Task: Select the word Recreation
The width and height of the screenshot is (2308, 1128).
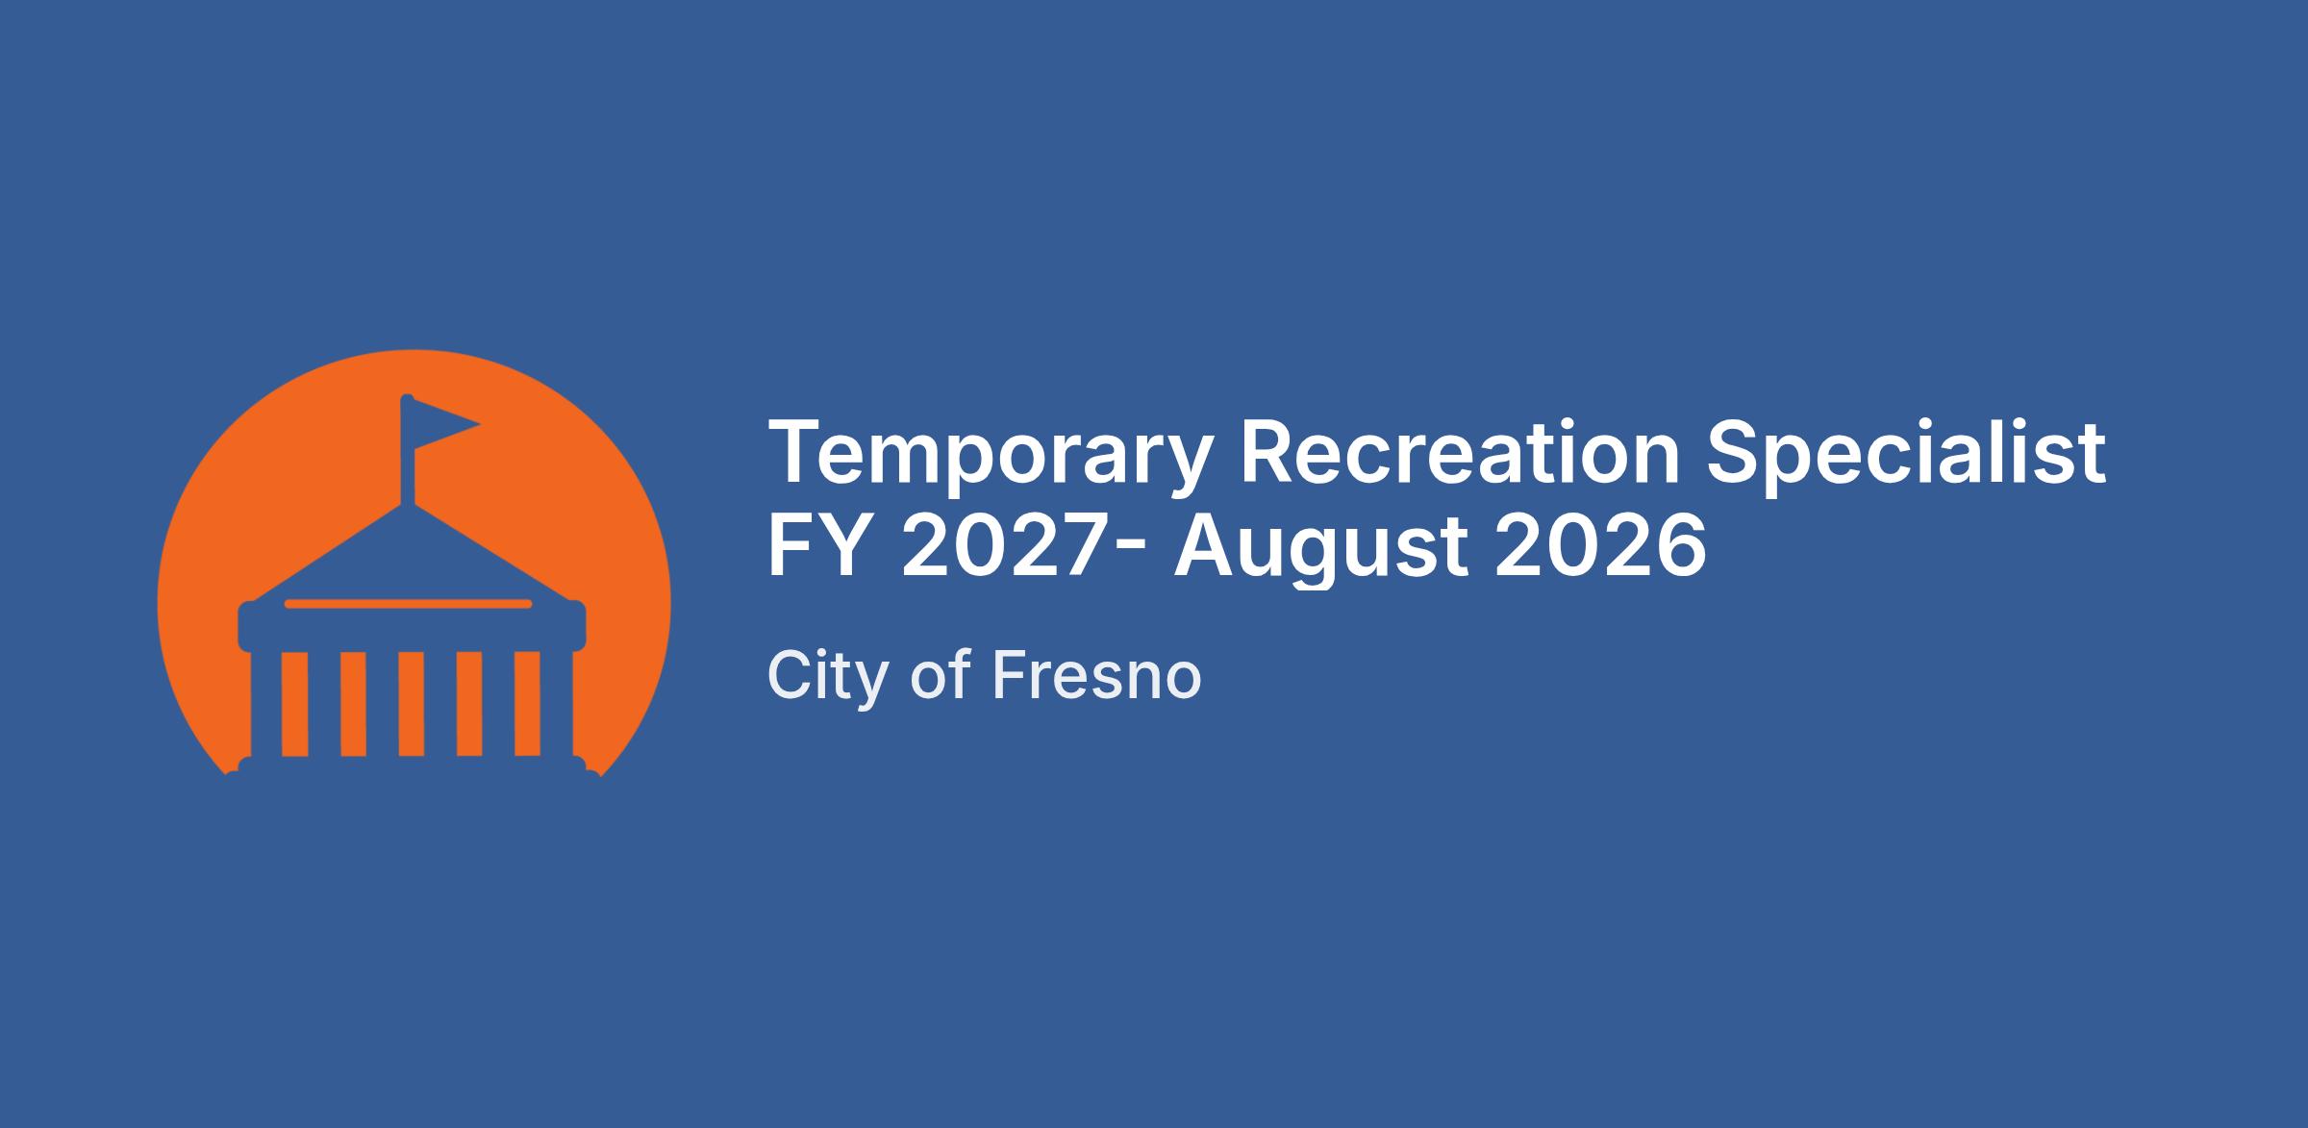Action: coord(1460,452)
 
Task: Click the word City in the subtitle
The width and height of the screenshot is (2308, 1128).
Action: coord(827,677)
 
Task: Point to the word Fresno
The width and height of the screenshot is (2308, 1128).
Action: coord(1096,675)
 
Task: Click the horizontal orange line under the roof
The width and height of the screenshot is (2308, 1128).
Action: coord(408,604)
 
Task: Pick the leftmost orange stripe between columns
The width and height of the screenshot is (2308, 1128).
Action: coord(294,704)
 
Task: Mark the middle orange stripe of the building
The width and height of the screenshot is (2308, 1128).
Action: coord(411,704)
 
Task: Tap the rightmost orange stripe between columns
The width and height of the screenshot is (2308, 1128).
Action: coord(527,704)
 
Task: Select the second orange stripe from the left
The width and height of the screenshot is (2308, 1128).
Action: coord(353,704)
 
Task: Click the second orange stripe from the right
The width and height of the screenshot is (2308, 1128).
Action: coord(469,704)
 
